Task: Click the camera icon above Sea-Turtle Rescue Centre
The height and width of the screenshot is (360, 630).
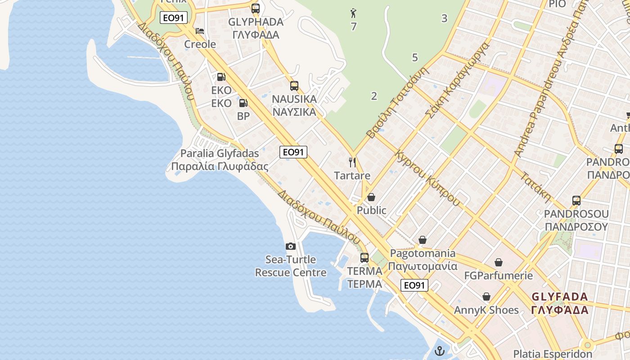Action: (x=291, y=246)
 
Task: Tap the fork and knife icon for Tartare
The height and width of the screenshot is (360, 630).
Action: (x=352, y=162)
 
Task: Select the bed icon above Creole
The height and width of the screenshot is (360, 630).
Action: (x=200, y=31)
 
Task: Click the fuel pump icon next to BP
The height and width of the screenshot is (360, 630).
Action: (x=243, y=103)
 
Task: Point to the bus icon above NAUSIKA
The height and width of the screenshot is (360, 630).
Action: (x=294, y=85)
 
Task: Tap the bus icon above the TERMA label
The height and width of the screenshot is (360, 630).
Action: (x=364, y=258)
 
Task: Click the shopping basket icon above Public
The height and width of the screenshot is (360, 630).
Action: (x=371, y=197)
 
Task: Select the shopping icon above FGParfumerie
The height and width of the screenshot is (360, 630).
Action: (x=499, y=262)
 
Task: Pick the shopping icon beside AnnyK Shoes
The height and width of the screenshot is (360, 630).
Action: (x=486, y=297)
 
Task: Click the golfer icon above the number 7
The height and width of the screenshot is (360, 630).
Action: (x=353, y=13)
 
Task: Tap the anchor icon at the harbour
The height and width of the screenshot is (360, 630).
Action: (x=440, y=351)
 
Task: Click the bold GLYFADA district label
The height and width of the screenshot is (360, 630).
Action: (x=560, y=303)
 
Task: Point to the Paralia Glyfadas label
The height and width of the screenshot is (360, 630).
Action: (x=220, y=160)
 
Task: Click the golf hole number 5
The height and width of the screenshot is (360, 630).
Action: (x=415, y=58)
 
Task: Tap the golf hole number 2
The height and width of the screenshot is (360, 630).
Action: (x=374, y=95)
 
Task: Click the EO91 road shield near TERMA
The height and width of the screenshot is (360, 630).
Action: (x=414, y=285)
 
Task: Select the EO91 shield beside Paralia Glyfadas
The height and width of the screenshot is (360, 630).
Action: (x=293, y=152)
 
